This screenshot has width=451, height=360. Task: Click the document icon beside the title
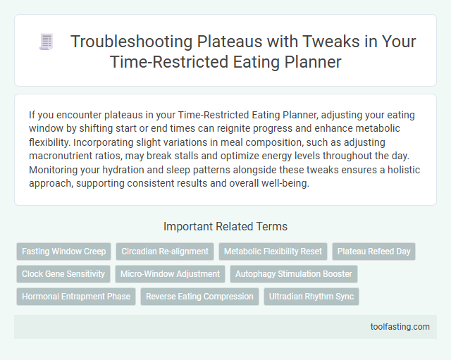(x=47, y=42)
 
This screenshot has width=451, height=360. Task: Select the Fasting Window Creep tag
(x=64, y=252)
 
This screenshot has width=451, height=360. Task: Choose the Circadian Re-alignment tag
(x=165, y=252)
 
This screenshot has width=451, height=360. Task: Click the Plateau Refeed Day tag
(x=374, y=252)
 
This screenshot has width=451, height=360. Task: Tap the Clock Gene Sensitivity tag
(x=63, y=274)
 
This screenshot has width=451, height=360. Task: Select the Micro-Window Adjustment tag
(x=170, y=274)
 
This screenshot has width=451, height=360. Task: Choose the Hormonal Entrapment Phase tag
(x=76, y=297)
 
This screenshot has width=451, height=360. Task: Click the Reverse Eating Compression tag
(x=199, y=297)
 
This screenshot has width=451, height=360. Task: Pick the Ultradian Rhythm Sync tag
(x=311, y=297)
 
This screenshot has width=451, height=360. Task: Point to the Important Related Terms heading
(x=225, y=227)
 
